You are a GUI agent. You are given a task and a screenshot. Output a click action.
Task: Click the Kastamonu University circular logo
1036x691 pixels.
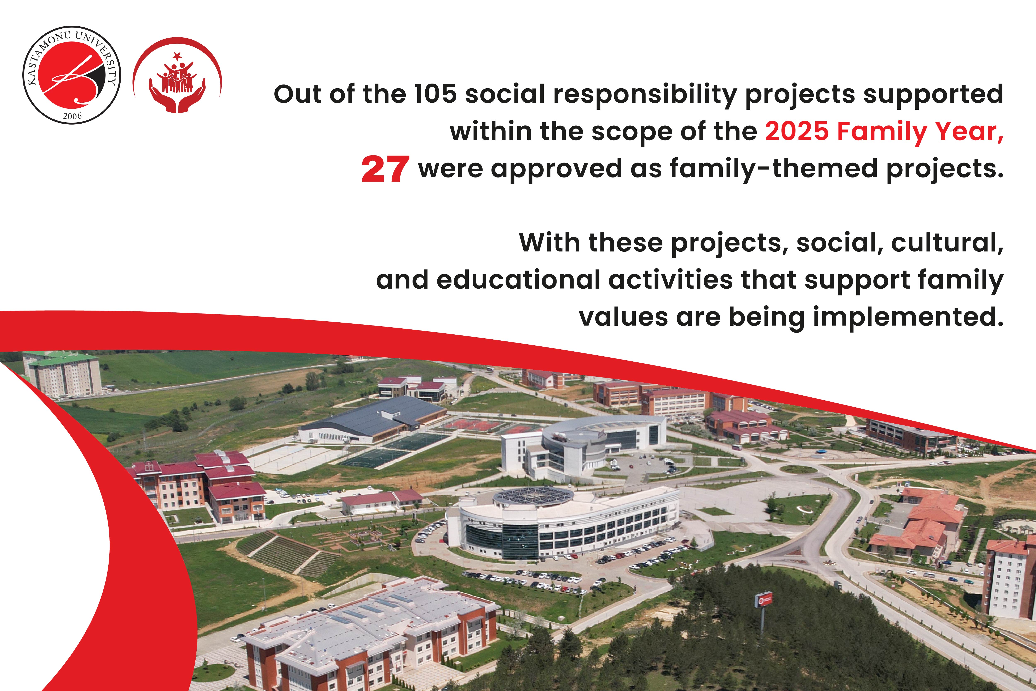[x=72, y=74]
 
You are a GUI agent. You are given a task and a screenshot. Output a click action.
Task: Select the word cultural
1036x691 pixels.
[x=947, y=243]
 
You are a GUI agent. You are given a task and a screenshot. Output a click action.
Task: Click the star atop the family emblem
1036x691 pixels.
[x=177, y=56]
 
